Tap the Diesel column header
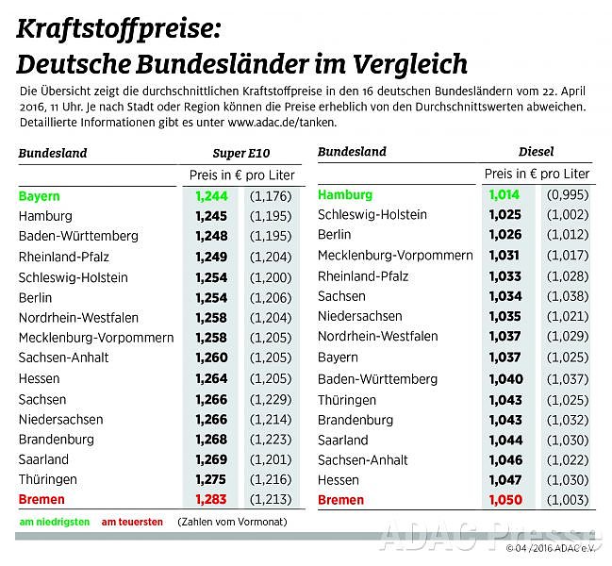(537, 151)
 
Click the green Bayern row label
(39, 196)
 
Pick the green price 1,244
(211, 196)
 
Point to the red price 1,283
(211, 501)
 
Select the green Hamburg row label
(345, 194)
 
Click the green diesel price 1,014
(504, 194)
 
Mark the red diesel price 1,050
(504, 500)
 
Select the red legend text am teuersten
(132, 522)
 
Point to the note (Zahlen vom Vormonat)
(223, 522)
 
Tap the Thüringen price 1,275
(211, 480)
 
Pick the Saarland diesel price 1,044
(504, 441)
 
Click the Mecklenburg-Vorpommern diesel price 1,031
(504, 256)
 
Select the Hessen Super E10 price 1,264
(211, 378)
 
